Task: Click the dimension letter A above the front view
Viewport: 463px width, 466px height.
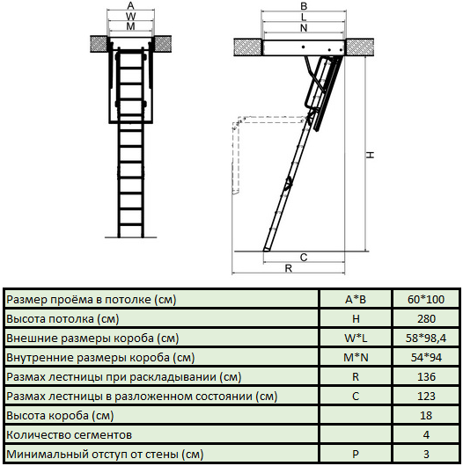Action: [130, 6]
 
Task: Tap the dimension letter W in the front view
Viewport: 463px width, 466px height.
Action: [130, 17]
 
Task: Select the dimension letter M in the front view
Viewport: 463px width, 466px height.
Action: [130, 27]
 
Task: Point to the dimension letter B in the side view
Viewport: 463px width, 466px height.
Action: [304, 6]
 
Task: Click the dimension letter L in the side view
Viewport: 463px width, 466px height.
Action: [304, 17]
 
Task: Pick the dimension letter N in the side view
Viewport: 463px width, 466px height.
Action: [304, 27]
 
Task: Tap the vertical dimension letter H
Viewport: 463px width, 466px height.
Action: [371, 154]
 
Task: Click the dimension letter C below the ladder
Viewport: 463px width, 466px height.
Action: [303, 258]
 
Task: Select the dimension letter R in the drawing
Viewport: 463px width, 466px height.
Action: [288, 269]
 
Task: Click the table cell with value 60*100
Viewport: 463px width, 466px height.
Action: [425, 300]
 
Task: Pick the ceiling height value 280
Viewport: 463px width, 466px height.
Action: [425, 319]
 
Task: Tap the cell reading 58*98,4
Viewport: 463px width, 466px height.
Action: [425, 339]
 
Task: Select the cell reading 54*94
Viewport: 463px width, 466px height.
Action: [425, 358]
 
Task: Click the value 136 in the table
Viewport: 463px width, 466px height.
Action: [425, 377]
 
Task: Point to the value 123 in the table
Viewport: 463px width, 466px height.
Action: [425, 397]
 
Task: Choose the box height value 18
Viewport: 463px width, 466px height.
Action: [425, 416]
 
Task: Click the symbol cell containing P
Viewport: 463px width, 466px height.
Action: [355, 455]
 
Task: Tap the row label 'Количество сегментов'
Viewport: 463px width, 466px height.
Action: [70, 435]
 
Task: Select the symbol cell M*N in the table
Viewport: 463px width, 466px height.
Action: [355, 358]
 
